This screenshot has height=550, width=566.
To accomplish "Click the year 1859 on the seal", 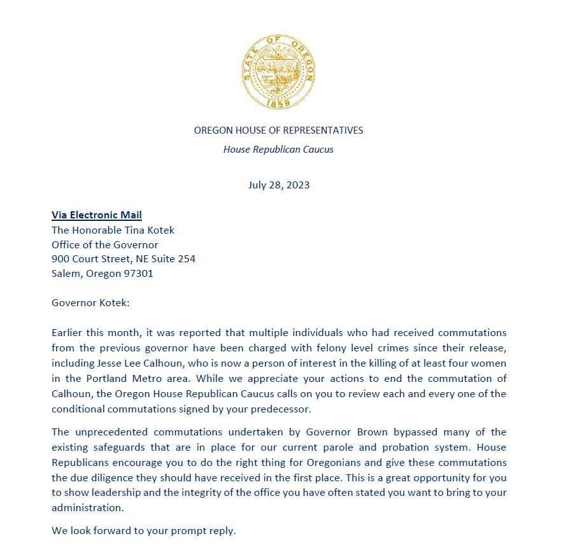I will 278,102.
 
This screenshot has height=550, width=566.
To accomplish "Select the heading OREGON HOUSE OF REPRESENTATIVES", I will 278,130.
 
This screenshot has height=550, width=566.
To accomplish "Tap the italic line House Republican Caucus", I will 278,150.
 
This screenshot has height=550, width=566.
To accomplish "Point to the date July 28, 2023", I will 278,185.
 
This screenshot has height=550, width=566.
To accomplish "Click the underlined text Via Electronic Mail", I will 97,215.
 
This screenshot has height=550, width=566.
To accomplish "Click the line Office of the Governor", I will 105,244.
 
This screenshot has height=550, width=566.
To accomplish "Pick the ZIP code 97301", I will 136,274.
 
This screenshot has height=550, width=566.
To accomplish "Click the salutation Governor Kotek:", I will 90,302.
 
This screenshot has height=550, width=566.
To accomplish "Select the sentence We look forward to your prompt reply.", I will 144,530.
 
